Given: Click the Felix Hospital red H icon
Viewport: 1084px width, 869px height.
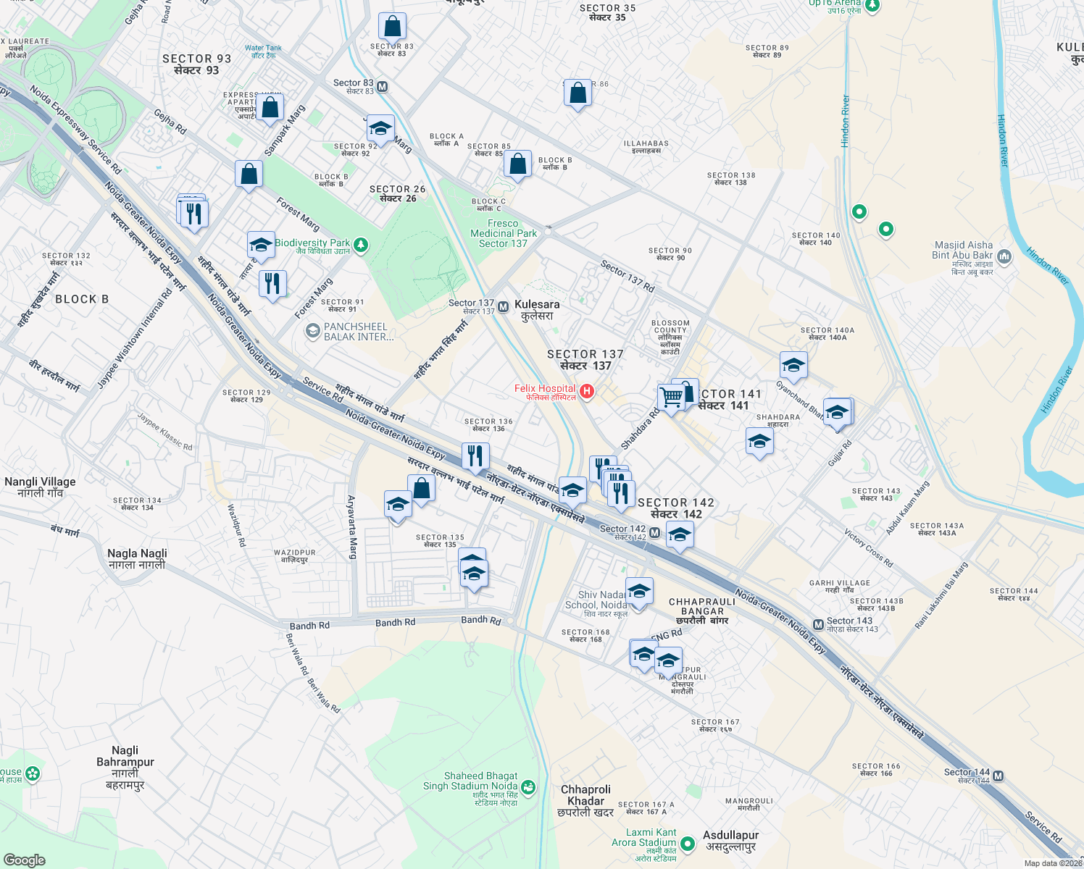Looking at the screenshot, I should tap(587, 392).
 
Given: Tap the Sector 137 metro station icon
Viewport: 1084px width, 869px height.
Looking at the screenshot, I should tap(503, 307).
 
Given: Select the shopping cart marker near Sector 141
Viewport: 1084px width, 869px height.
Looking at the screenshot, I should tap(671, 397).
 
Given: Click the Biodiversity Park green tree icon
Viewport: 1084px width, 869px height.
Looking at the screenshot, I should tap(360, 246).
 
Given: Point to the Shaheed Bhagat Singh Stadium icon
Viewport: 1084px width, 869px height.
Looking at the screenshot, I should tap(528, 787).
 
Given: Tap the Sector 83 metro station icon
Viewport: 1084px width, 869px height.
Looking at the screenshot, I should tap(383, 87).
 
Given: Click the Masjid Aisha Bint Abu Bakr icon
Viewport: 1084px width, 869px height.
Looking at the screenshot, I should tap(1004, 256).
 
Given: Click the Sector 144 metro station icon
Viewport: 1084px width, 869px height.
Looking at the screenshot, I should tap(998, 776).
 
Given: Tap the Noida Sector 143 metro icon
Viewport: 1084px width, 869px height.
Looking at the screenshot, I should tap(818, 624).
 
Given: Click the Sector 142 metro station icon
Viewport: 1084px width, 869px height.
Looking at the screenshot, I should tap(654, 533).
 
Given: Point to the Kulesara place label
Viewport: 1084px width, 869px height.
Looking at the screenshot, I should tap(537, 310).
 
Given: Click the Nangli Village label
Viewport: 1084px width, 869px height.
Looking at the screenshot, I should tap(40, 487).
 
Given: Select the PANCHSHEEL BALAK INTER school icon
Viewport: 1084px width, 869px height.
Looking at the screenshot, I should tap(312, 332).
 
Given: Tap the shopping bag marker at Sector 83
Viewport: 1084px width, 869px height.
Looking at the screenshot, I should tap(391, 27).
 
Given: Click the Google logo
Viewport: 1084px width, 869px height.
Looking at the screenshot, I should tap(25, 860).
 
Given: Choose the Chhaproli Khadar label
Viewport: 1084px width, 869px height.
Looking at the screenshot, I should tap(585, 801).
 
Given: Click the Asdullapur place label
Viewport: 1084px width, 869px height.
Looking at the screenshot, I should tap(731, 841).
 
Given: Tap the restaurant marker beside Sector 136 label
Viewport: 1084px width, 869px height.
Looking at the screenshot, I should tap(475, 456).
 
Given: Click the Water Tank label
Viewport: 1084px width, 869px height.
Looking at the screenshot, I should tap(263, 51).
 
